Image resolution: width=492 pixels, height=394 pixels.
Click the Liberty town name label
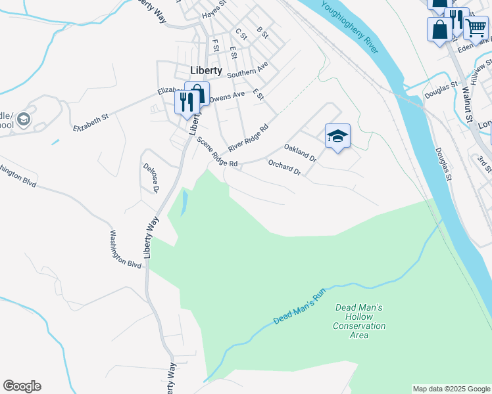pos(205,70)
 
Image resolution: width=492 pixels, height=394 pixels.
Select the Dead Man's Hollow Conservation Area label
pos(358,321)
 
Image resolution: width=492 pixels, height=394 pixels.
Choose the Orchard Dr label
pos(284,167)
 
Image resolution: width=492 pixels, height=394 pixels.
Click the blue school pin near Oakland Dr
pos(337,136)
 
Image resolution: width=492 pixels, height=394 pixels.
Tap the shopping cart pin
pos(476,27)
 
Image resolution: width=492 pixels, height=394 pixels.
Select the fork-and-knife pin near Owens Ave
pos(187,102)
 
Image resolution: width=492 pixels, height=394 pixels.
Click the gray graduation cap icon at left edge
pos(24,119)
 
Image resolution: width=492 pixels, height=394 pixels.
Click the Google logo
pos(22,386)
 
